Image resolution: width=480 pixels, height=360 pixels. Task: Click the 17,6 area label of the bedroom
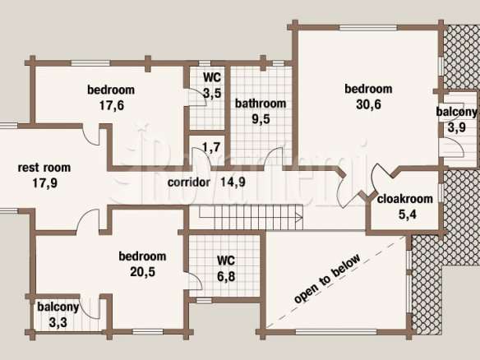coord(112,106)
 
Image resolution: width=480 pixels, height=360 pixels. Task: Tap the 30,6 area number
coord(368,104)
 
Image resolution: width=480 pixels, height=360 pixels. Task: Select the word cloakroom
coord(405,199)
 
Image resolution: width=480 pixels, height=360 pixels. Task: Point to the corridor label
coord(189,182)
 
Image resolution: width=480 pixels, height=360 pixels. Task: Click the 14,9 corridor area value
coord(233,182)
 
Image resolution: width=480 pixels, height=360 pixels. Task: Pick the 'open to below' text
coord(327,279)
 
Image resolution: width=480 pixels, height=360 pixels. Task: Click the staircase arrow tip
coord(302,218)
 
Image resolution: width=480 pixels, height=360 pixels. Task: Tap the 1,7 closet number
coord(211,147)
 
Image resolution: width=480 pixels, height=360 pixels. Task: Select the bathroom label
coord(261,104)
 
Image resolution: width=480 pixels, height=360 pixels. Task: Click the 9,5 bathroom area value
coord(261,119)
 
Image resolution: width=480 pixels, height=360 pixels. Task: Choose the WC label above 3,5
coord(212,77)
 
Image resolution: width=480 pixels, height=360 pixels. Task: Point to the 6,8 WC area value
coord(226,277)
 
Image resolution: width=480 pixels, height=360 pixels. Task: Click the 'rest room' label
coord(44,168)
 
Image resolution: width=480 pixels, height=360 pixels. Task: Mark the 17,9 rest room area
coord(45,183)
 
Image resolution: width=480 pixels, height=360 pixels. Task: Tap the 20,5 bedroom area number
coord(143,271)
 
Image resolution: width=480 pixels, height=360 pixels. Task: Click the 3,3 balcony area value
coord(58,323)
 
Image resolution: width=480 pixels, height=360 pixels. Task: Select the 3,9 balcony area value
coord(457,127)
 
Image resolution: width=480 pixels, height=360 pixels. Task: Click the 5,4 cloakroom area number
coord(408,215)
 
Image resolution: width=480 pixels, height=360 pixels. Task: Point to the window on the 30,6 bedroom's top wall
coord(368,28)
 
